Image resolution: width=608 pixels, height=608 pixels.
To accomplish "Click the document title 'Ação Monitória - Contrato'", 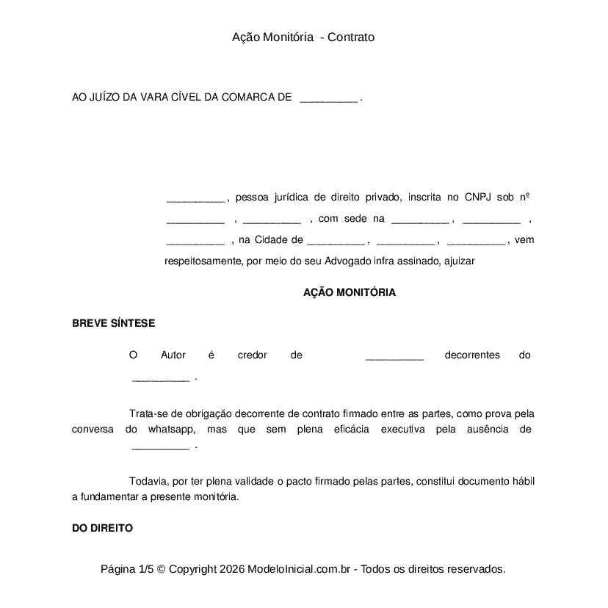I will click(303, 37).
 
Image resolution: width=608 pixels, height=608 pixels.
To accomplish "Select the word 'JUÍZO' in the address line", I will click(103, 97).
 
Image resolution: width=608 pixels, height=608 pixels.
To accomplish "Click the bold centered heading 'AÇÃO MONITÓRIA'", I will click(350, 292).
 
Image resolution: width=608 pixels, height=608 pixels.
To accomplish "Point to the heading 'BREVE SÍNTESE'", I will click(113, 323).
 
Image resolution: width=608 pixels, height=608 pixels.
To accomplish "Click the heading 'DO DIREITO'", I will click(102, 528).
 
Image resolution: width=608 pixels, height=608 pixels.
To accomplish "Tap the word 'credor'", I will click(253, 355).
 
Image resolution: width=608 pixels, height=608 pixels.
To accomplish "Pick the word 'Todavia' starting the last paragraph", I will click(148, 482).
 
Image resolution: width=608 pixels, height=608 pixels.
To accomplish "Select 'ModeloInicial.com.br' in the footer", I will click(301, 569).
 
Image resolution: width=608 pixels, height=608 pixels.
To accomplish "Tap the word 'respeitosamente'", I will click(202, 261).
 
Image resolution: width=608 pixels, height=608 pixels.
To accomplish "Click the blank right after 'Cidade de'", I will click(336, 240).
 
